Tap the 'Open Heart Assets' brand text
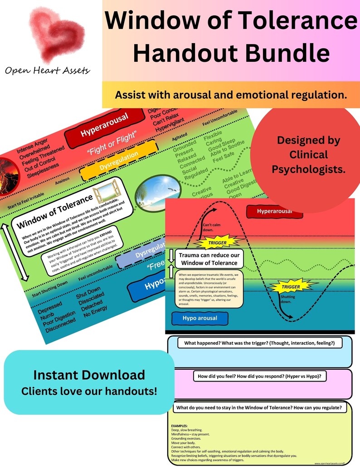48,70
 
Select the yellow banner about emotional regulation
231,95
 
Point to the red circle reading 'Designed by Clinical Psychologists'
308,154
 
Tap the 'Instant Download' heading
89,375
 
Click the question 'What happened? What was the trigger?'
256,343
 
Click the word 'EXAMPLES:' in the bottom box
180,426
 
